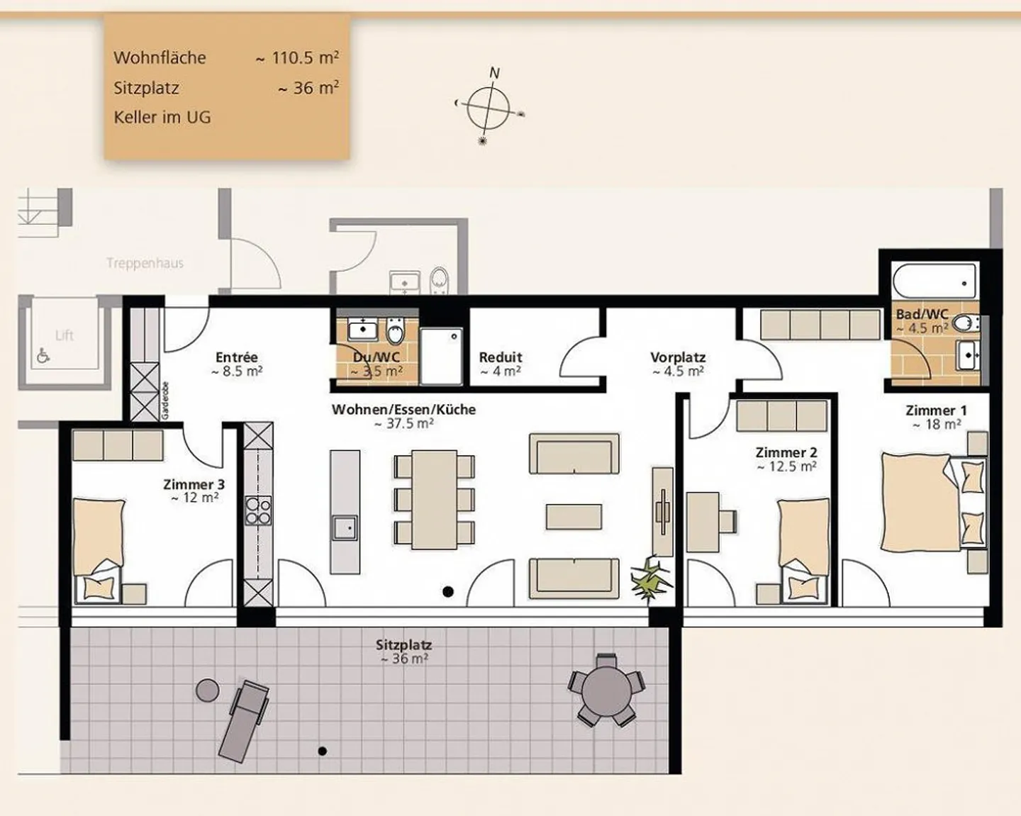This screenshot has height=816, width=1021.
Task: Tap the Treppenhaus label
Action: pos(145,264)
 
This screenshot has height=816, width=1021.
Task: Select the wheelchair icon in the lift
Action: pos(43,356)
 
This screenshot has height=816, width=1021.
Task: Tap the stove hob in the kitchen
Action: pos(258,510)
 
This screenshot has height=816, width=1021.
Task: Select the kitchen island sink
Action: pos(345,528)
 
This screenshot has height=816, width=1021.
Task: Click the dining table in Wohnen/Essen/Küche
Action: pos(434,499)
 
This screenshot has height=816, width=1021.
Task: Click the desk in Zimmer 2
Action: pos(703,522)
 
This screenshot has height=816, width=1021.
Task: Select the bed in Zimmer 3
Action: pos(99,546)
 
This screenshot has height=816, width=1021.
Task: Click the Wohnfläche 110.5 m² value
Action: pos(298,58)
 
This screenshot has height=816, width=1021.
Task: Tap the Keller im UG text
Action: pos(162,118)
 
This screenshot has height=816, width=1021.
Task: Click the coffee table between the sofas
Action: pos(574,517)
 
